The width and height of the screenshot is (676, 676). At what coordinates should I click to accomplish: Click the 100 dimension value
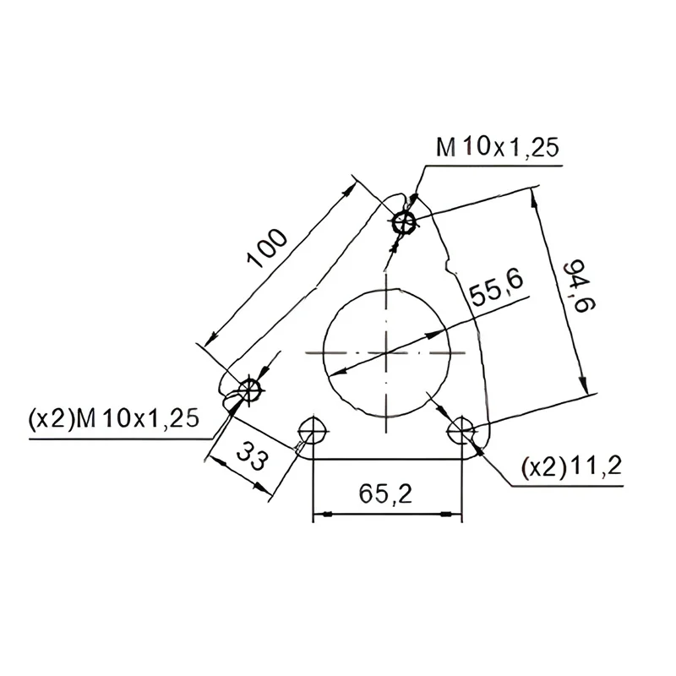[266, 248]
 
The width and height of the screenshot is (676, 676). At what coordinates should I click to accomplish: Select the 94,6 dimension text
[580, 286]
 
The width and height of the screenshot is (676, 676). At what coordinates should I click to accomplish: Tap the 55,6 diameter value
[496, 287]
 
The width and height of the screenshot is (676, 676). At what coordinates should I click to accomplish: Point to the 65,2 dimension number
[385, 494]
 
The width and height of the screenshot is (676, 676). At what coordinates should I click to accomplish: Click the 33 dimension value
[252, 455]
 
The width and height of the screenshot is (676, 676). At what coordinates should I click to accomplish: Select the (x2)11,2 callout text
[572, 467]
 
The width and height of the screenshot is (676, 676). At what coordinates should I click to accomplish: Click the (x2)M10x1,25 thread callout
[114, 418]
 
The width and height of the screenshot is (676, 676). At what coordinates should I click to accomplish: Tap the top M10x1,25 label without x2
[498, 147]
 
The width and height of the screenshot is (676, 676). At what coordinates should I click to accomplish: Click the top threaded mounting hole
[404, 223]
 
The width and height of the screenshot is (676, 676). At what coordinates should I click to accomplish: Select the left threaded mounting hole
[250, 389]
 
